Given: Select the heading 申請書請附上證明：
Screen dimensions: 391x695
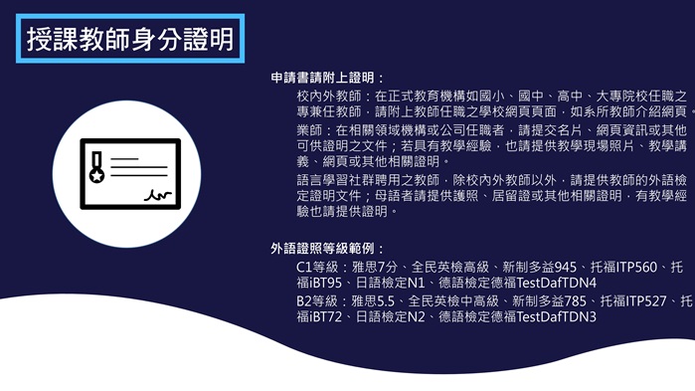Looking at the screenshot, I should click(x=327, y=78).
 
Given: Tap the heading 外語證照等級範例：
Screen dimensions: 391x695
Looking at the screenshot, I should click(x=327, y=247).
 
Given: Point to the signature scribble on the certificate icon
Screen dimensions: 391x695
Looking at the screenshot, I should click(x=155, y=194).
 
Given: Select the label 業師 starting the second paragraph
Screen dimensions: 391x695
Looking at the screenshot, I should click(x=308, y=130).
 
